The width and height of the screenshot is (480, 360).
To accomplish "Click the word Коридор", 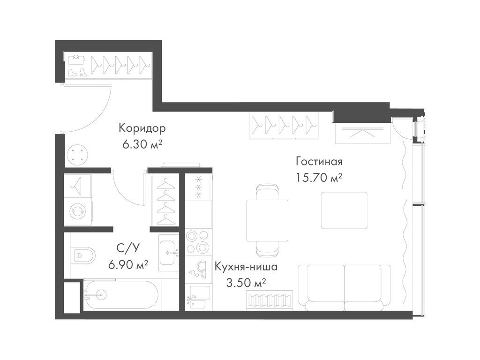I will pyautogui.click(x=142, y=128).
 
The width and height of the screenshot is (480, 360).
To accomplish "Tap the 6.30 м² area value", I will pyautogui.click(x=142, y=144).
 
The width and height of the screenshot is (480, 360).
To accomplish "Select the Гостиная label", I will pyautogui.click(x=319, y=162).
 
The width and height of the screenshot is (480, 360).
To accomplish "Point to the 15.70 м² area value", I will pyautogui.click(x=319, y=178).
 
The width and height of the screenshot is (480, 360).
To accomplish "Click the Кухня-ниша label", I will pyautogui.click(x=246, y=267).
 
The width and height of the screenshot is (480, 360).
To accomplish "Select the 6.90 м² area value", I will pyautogui.click(x=127, y=264).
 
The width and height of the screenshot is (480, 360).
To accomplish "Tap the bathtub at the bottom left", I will pyautogui.click(x=120, y=294).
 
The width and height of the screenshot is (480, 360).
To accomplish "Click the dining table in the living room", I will pyautogui.click(x=267, y=220).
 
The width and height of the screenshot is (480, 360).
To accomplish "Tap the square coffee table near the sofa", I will pyautogui.click(x=344, y=210).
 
